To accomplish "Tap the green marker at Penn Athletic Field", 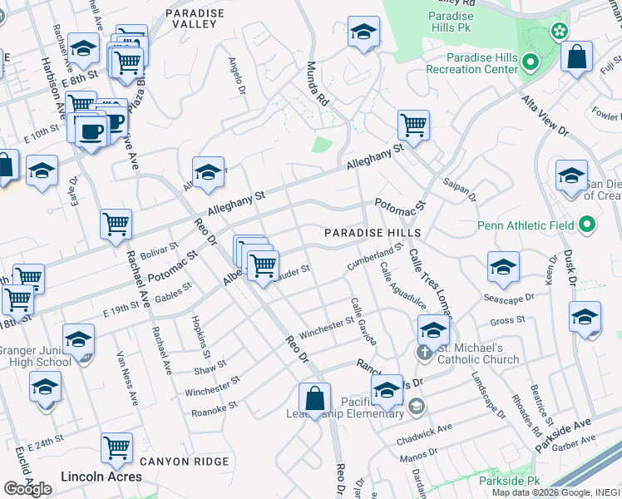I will click(x=588, y=225).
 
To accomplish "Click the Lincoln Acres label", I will click(x=101, y=477).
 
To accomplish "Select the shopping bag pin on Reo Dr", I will click(x=315, y=399).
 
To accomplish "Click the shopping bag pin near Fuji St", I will click(x=576, y=57).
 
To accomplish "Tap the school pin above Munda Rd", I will click(x=363, y=32).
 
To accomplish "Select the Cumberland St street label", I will click(x=375, y=256).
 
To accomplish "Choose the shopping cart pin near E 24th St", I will click(x=116, y=449).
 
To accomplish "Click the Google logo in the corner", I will click(x=27, y=488).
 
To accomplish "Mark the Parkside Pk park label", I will click(x=510, y=481).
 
